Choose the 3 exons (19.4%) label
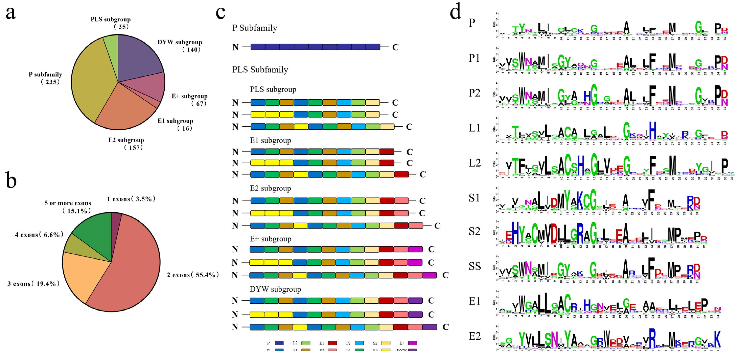click(34, 284)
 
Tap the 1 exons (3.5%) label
click(131, 199)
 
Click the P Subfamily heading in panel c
click(255, 28)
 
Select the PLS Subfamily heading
click(260, 70)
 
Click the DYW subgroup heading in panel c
click(275, 289)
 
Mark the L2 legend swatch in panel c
click(306, 343)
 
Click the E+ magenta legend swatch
click(412, 343)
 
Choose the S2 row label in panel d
click(474, 231)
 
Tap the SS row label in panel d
click(475, 266)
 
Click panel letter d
click(455, 12)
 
